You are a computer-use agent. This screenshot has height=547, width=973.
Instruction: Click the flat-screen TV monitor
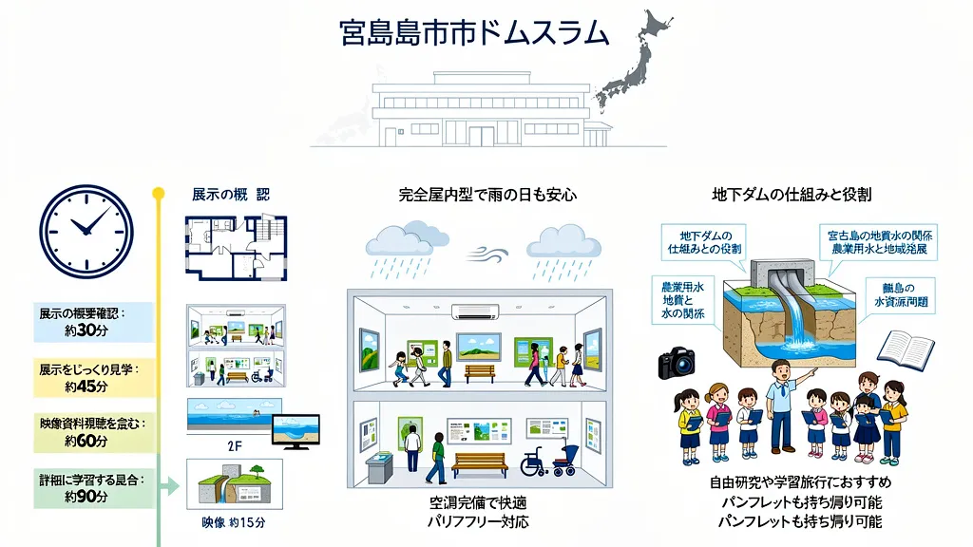tap(296, 431)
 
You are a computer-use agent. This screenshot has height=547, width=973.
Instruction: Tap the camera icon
tap(677, 362)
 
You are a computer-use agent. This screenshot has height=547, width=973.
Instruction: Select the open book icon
tap(905, 350)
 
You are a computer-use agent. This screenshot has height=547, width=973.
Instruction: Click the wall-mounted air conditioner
tap(474, 311)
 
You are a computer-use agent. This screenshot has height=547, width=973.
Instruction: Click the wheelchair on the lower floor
tap(537, 463)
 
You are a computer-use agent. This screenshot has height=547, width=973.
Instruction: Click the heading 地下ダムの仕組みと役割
tap(792, 195)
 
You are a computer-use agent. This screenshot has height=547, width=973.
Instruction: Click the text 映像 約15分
tap(234, 522)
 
